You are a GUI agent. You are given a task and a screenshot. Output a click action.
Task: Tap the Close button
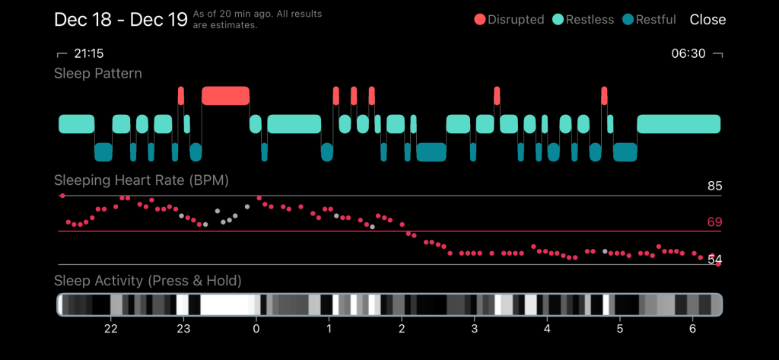(x=707, y=20)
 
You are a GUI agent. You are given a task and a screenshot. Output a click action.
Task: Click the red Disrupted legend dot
(x=480, y=20)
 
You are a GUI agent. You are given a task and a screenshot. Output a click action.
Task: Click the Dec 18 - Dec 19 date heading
(x=121, y=20)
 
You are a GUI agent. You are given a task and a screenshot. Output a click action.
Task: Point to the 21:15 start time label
(x=88, y=54)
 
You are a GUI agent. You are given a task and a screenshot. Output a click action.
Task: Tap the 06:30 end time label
(x=688, y=54)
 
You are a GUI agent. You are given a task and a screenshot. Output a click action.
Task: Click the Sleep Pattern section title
(x=98, y=74)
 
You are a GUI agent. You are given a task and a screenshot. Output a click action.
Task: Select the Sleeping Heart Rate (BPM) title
(x=141, y=180)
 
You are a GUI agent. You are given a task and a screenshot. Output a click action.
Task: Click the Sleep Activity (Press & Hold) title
(x=148, y=281)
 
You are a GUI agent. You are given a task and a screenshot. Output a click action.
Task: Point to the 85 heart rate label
(x=714, y=186)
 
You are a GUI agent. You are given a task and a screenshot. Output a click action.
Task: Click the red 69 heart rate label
(x=714, y=222)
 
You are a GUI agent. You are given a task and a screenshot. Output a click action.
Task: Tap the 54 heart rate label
(x=714, y=260)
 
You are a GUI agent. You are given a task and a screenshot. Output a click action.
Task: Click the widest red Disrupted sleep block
(x=225, y=96)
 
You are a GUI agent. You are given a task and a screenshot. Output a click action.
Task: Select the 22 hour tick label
(x=111, y=328)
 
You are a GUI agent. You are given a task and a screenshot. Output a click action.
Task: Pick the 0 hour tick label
(x=256, y=328)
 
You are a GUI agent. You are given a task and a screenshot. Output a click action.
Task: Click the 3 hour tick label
(x=474, y=328)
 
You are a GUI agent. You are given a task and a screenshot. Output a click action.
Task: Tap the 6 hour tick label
(x=692, y=328)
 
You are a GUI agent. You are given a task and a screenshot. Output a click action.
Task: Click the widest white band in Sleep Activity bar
(x=225, y=305)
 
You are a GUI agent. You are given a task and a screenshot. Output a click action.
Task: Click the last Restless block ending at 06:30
(x=678, y=124)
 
